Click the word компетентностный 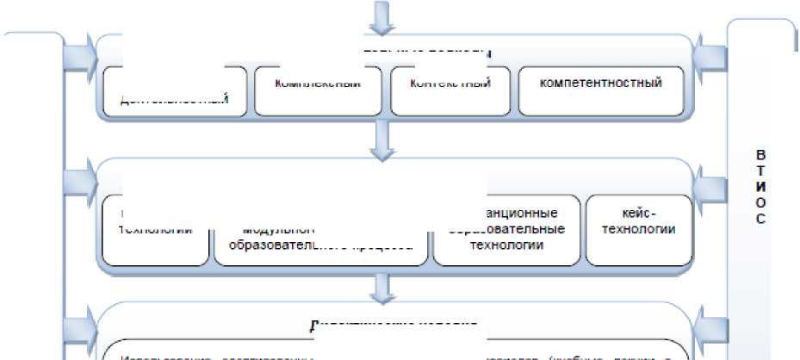pyautogui.click(x=600, y=84)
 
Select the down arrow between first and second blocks pyautogui.click(x=381, y=139)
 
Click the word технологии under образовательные pyautogui.click(x=506, y=245)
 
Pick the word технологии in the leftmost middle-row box pyautogui.click(x=154, y=230)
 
